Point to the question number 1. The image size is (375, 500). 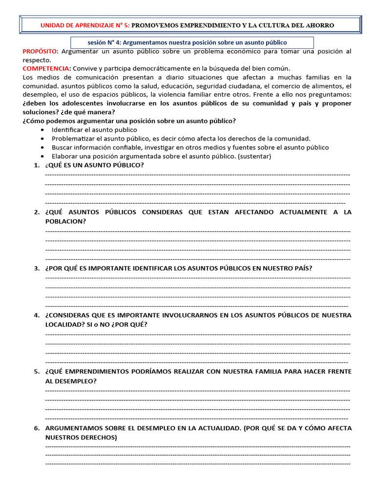tap(37, 165)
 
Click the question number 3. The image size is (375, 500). tap(37, 268)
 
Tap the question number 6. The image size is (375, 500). tap(37, 428)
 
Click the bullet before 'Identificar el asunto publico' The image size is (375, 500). tap(43, 130)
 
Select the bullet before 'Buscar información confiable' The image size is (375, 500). tap(43, 147)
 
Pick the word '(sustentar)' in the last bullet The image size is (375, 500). tap(254, 156)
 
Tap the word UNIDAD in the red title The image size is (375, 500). tap(51, 25)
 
